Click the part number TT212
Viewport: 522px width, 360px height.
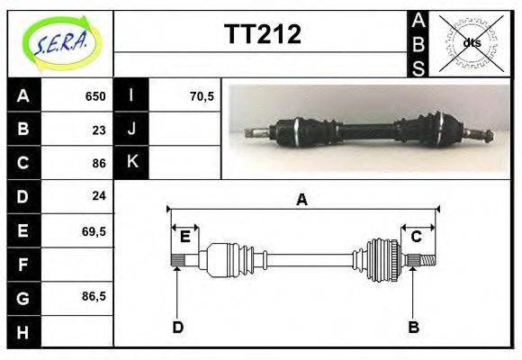pyautogui.click(x=262, y=35)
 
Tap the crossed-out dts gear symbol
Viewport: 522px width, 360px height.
pyautogui.click(x=470, y=42)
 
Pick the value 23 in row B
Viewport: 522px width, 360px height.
pyautogui.click(x=99, y=130)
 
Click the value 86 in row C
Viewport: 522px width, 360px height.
pyautogui.click(x=99, y=163)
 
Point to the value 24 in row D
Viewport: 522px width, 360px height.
pyautogui.click(x=99, y=196)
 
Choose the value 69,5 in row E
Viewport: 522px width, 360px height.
pyautogui.click(x=94, y=230)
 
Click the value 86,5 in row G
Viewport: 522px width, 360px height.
pyautogui.click(x=94, y=296)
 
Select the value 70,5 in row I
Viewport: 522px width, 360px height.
pyautogui.click(x=202, y=96)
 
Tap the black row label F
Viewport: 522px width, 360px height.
pyautogui.click(x=22, y=264)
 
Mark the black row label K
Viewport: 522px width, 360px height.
pyautogui.click(x=131, y=163)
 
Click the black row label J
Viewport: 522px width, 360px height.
pyautogui.click(x=131, y=130)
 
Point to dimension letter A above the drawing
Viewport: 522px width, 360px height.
pyautogui.click(x=302, y=200)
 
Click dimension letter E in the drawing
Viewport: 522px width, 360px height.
pyautogui.click(x=184, y=237)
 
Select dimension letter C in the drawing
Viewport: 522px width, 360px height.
pyautogui.click(x=417, y=237)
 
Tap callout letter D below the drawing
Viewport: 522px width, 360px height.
pyautogui.click(x=177, y=327)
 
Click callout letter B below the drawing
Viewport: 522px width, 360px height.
pyautogui.click(x=413, y=327)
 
